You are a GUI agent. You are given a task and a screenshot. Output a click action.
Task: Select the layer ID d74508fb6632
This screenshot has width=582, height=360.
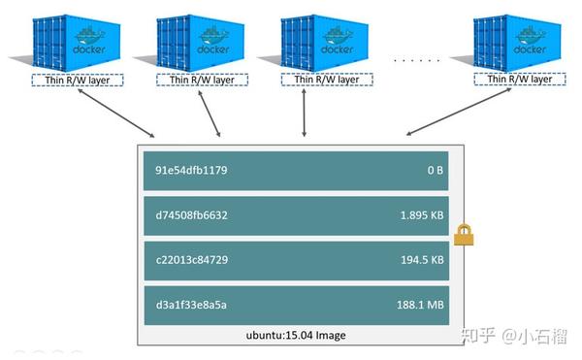click(191, 215)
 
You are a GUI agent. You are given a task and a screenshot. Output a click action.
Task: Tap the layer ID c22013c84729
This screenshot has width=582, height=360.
click(191, 260)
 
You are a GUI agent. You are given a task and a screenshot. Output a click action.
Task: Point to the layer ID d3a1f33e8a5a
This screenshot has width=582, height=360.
click(191, 305)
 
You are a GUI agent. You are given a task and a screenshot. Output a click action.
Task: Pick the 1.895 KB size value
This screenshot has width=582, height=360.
click(421, 215)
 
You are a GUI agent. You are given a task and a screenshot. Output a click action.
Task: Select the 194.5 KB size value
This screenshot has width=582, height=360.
click(421, 260)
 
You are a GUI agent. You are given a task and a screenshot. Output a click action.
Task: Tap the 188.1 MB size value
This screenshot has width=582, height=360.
click(421, 305)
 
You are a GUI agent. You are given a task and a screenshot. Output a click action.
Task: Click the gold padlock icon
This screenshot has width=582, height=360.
click(463, 233)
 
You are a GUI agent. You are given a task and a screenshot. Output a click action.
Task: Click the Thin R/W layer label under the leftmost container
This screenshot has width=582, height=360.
click(72, 82)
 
